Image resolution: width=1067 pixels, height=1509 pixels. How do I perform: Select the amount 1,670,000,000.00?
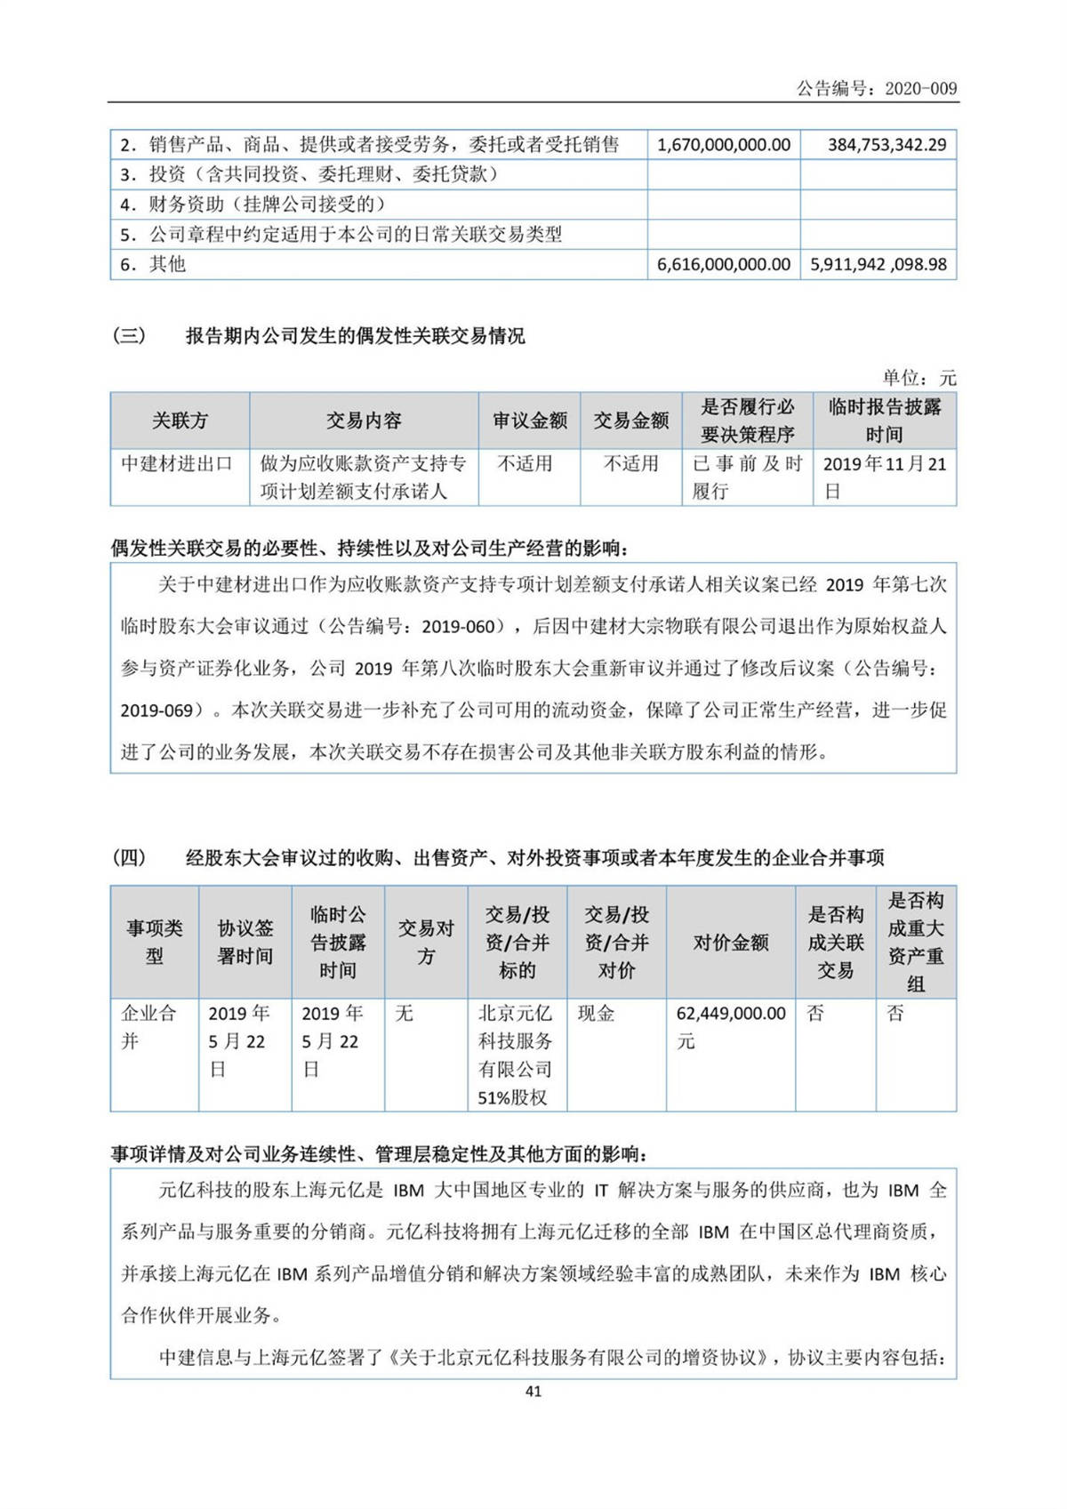tap(723, 145)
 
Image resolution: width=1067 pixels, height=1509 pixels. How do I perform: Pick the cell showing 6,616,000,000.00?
tap(723, 264)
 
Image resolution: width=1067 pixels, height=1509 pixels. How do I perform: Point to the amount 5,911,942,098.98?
tap(878, 264)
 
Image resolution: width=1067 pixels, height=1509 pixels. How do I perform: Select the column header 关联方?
tap(180, 421)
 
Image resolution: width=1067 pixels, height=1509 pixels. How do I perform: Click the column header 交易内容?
tap(364, 421)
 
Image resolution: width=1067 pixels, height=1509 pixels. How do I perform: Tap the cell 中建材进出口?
tap(177, 463)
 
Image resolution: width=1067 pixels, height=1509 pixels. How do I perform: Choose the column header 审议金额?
tap(530, 421)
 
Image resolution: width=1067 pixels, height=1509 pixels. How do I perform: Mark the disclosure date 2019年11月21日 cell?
tap(884, 477)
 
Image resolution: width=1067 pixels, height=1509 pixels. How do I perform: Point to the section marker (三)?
tap(129, 336)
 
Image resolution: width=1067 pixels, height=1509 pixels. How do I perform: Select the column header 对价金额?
tap(731, 943)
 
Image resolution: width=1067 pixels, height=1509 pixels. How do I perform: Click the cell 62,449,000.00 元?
tap(731, 1026)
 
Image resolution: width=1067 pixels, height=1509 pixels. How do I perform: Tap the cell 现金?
tap(596, 1013)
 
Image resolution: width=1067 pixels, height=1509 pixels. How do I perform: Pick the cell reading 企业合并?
tap(148, 1026)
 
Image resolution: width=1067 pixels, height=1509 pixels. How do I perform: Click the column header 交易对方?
tap(426, 943)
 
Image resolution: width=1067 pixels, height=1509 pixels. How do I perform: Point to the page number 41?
tap(533, 1392)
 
